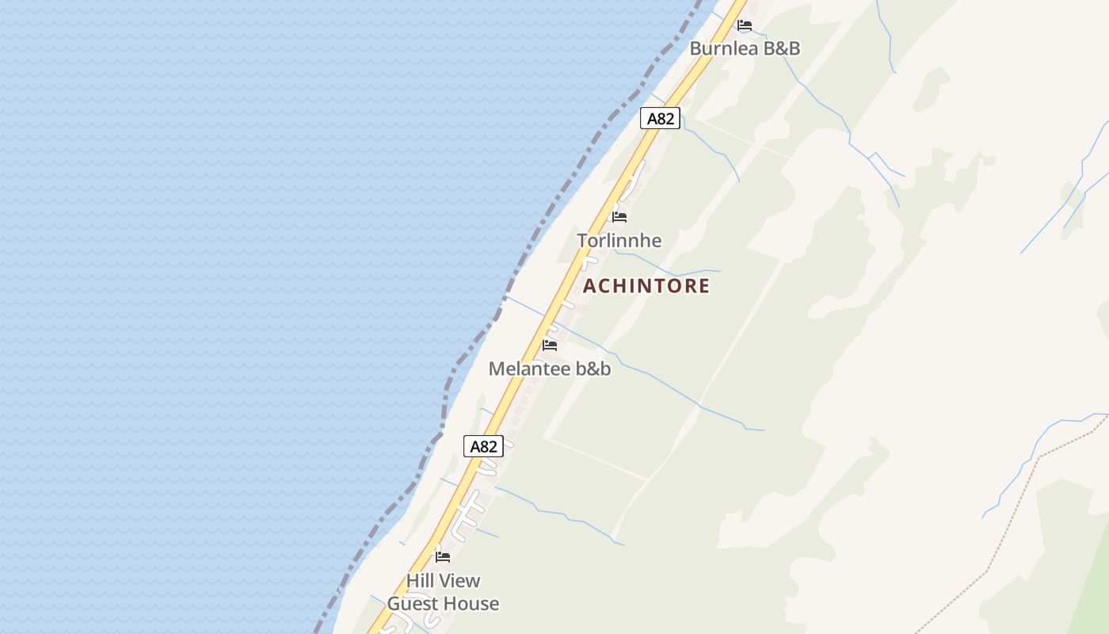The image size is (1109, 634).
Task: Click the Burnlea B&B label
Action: pos(745,48)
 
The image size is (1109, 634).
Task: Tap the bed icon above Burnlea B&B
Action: pos(745,25)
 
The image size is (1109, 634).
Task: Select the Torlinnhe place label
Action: pos(619,240)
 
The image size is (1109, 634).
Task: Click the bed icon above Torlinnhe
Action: pos(619,216)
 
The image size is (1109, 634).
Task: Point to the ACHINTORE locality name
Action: pos(646,286)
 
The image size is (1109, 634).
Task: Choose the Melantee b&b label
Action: pos(550,369)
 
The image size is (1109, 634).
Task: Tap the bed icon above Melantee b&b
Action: pos(550,345)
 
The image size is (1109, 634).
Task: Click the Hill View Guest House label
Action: pos(443,592)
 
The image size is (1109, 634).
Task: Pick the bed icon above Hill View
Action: pos(443,557)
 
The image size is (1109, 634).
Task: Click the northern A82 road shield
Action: pos(660,119)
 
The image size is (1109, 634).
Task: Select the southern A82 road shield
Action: pos(483,446)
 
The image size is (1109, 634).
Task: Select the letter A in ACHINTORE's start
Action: pos(589,286)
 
